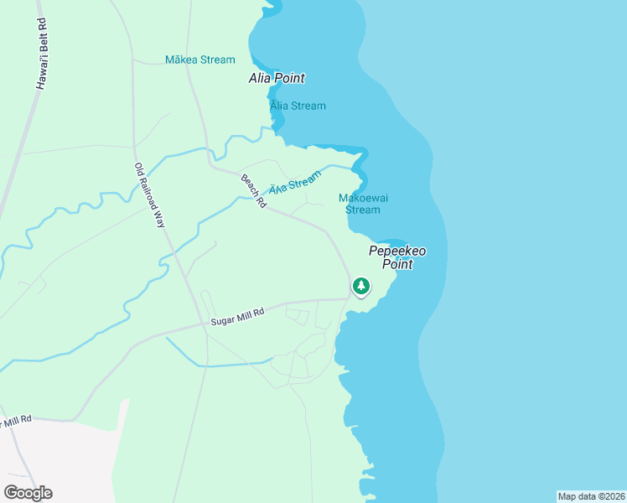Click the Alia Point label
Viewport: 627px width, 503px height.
tap(276, 78)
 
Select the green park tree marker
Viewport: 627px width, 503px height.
tap(361, 287)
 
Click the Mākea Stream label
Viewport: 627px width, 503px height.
tap(200, 60)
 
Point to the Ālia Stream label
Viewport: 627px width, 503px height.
tap(298, 106)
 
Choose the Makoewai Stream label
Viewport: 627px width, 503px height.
tap(363, 204)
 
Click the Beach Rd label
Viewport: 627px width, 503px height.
tap(253, 190)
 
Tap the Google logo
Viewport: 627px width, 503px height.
tap(28, 493)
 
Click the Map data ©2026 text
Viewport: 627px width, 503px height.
tap(591, 496)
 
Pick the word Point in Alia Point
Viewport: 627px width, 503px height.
tap(288, 78)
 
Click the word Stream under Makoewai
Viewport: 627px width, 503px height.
tap(363, 210)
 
